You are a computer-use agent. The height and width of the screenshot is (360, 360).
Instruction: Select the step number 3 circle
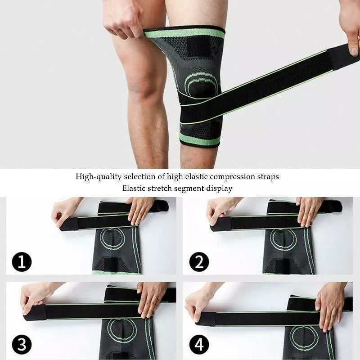click(22, 346)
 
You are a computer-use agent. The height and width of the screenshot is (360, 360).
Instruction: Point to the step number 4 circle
click(199, 346)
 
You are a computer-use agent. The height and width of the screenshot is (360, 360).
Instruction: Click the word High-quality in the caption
click(96, 177)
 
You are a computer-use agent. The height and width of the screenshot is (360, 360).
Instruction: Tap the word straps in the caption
click(267, 177)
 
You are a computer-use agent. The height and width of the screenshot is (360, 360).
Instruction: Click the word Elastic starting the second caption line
click(135, 188)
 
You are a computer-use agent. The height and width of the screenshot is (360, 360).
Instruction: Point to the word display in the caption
click(219, 188)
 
